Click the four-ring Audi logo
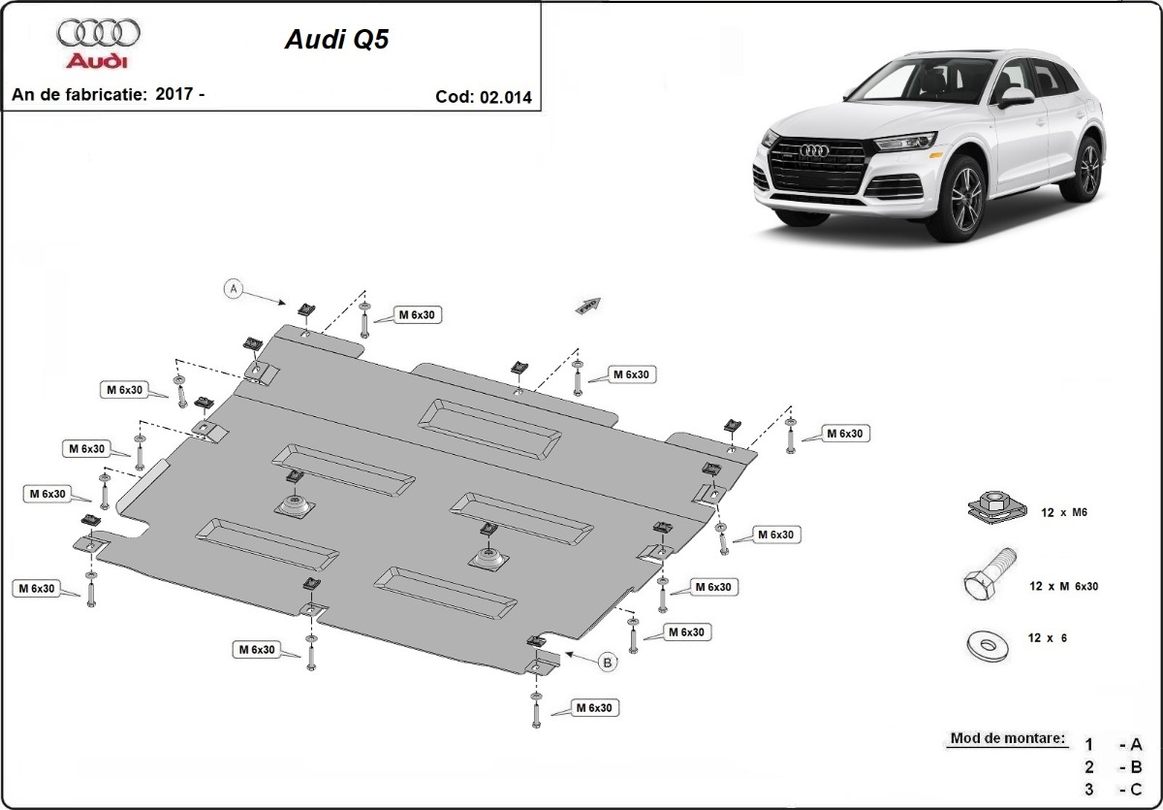click(x=99, y=33)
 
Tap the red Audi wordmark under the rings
click(x=97, y=61)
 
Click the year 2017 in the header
click(x=173, y=94)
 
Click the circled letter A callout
click(x=233, y=288)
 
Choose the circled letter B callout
click(x=608, y=663)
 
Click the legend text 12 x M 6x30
click(x=1063, y=586)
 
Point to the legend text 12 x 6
click(x=1048, y=638)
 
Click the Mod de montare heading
click(x=1007, y=738)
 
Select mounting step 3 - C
click(x=1114, y=788)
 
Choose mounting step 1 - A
click(x=1114, y=745)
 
